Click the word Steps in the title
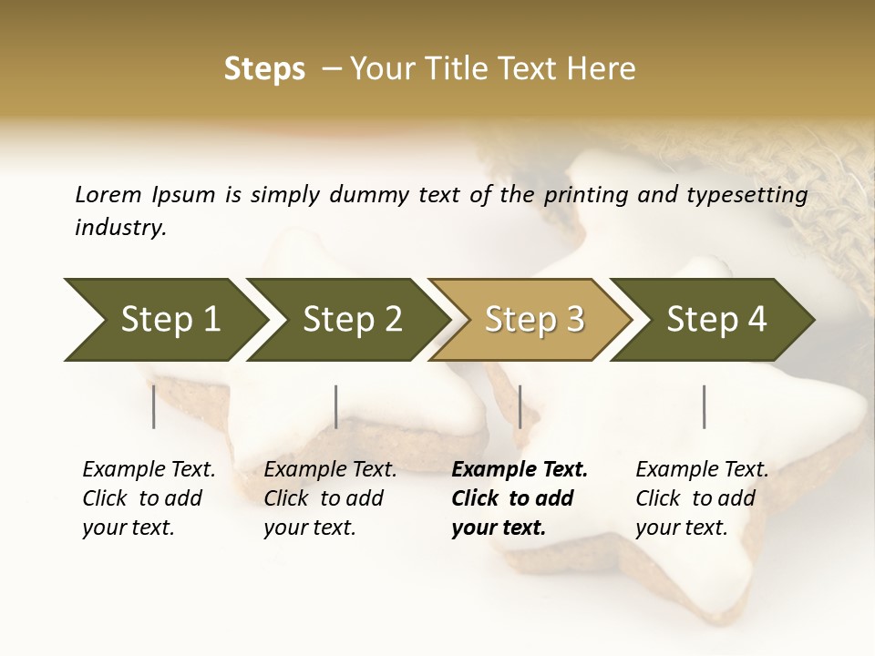[264, 69]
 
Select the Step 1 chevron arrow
[164, 319]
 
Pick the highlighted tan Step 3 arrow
[531, 319]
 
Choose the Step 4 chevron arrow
[714, 319]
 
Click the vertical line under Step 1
[154, 406]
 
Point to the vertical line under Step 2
[336, 406]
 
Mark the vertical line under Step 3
[520, 406]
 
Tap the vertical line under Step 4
[704, 406]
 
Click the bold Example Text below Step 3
[520, 470]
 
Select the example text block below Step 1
[149, 498]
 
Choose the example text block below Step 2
[330, 498]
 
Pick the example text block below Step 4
[702, 498]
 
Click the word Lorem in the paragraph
[108, 194]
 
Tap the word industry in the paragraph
[119, 228]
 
